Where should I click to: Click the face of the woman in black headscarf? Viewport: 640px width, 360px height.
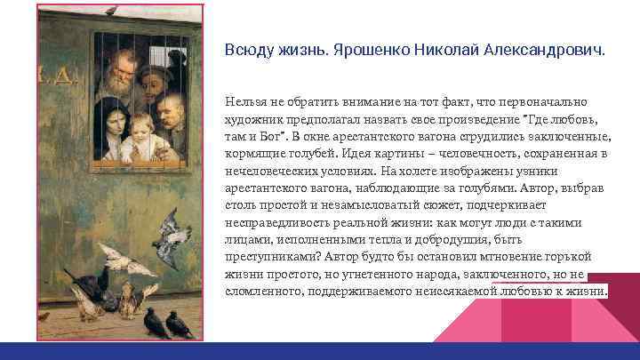tap(113, 118)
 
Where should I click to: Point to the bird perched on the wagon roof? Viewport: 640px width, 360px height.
tap(111, 10)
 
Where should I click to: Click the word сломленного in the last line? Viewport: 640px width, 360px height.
tap(259, 290)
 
